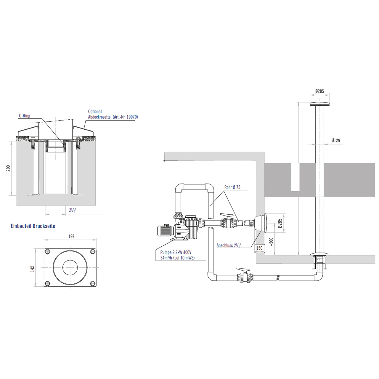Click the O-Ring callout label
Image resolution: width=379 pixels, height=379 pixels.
[25, 116]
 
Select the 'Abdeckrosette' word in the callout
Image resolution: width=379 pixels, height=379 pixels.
[99, 117]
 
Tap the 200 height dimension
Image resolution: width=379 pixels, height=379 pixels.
[8, 168]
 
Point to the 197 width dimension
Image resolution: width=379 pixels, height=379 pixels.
[71, 236]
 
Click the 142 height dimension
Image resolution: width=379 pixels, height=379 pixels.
[33, 269]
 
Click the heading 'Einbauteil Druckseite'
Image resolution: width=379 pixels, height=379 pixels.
[33, 226]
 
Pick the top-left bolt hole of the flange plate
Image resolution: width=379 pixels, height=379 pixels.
[47, 252]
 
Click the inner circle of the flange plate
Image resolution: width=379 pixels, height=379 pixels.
[70, 267]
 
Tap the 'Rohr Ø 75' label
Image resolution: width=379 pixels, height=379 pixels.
[232, 187]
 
